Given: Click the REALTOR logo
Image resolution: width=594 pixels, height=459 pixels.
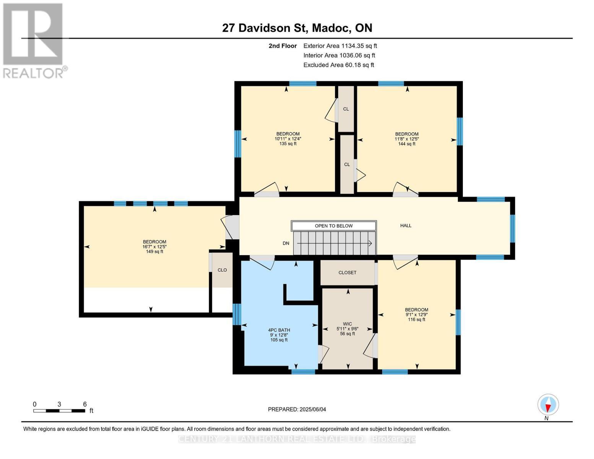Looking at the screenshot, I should [x=34, y=40].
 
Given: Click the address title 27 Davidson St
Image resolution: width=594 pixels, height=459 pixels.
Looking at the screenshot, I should [x=297, y=28].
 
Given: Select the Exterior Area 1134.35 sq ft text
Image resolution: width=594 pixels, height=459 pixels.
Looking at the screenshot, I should [x=340, y=46].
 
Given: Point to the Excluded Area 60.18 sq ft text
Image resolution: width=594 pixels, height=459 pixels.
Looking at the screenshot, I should [x=338, y=65].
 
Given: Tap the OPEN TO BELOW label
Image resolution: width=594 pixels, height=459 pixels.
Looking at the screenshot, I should [x=334, y=226].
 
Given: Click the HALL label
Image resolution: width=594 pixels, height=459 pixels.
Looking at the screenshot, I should [x=406, y=226].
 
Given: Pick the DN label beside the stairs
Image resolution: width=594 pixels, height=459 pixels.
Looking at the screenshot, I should [x=286, y=243].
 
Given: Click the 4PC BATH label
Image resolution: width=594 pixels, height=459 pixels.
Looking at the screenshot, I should [x=279, y=330].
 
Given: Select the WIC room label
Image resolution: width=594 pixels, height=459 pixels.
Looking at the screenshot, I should [x=347, y=324].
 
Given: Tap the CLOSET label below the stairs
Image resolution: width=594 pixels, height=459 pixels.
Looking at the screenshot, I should [x=347, y=273].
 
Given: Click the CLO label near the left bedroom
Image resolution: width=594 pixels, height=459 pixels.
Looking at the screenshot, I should [x=222, y=270].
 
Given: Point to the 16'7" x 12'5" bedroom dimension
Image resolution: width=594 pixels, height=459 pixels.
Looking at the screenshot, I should [x=155, y=247].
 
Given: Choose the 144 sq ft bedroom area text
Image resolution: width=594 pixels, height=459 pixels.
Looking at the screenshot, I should [x=407, y=144].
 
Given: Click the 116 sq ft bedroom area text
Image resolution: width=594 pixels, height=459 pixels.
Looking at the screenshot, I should [x=417, y=319].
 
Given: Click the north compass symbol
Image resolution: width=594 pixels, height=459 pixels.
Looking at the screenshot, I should [x=548, y=405].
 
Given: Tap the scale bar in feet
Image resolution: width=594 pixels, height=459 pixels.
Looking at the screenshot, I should [x=59, y=411].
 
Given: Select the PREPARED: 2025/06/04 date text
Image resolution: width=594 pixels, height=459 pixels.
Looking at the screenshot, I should [x=297, y=409].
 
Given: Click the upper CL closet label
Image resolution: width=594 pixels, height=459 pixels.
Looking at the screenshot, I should [x=346, y=109].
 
